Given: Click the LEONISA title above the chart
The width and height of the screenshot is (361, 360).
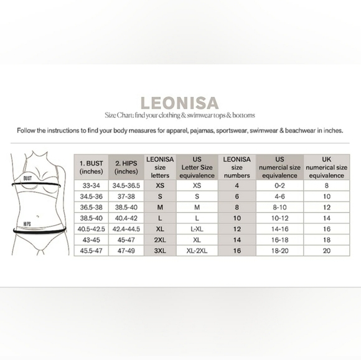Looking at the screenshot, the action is click(180, 101).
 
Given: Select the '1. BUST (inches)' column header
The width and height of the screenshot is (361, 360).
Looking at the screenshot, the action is click(91, 167).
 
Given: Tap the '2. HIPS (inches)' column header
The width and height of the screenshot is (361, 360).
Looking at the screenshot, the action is click(126, 167).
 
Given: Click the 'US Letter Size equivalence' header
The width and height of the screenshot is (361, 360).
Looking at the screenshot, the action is click(197, 167).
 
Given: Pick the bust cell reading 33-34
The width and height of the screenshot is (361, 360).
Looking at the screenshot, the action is click(91, 185).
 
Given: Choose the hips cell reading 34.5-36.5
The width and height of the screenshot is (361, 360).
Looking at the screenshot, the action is click(126, 185).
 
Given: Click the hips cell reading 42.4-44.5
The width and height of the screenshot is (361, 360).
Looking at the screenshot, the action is click(126, 229).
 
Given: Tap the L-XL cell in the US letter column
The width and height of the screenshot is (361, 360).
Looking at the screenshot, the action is click(197, 229).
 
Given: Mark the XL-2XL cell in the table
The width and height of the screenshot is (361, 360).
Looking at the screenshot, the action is click(197, 251).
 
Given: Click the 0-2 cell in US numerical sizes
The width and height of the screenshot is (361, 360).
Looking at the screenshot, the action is click(279, 185).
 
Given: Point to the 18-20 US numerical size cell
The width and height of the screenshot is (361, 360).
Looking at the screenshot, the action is click(279, 251).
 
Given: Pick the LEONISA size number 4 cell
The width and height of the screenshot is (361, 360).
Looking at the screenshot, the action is click(236, 185).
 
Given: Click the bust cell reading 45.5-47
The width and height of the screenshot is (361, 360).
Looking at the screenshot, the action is click(91, 251).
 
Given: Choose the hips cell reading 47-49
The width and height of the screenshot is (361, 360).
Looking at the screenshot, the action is click(126, 251).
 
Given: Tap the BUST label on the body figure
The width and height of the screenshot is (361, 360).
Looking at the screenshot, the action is click(27, 178).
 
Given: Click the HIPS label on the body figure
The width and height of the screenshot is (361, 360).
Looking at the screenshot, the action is click(27, 221).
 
